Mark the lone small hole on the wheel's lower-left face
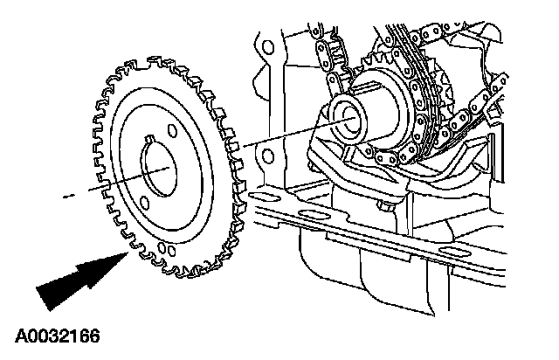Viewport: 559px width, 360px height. click(161, 254)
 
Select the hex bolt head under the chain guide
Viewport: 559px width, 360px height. click(385, 208)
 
